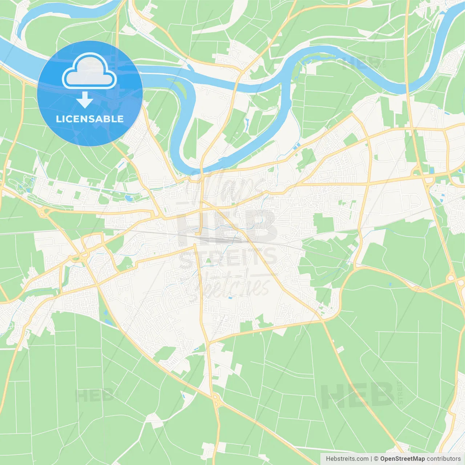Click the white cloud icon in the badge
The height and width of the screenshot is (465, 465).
(x=89, y=72)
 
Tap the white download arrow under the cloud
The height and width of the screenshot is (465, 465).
(x=85, y=100)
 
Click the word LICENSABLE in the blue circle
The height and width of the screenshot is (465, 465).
(x=90, y=119)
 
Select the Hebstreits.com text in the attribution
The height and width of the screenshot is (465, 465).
(x=347, y=459)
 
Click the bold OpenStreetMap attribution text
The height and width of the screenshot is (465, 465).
(x=402, y=459)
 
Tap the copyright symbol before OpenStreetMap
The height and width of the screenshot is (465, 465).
(x=376, y=459)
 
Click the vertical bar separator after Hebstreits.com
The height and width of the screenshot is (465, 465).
(x=371, y=459)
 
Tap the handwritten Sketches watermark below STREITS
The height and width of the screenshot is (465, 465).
(x=232, y=285)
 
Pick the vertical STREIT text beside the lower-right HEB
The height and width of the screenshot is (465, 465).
(x=400, y=392)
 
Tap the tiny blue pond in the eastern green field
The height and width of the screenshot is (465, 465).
(x=390, y=284)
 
